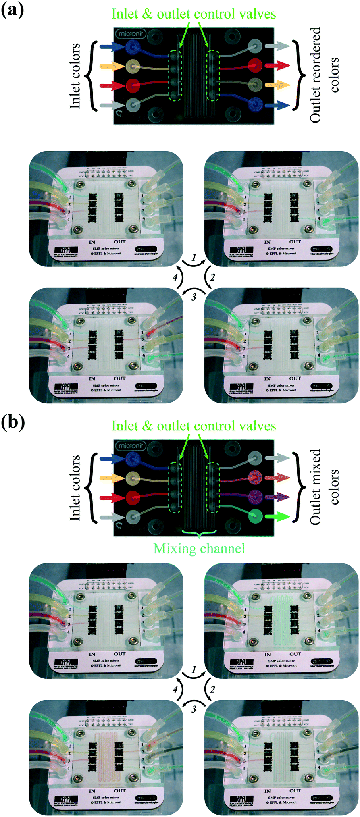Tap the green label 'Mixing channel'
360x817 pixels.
(199, 549)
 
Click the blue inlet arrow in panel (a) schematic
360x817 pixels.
(112, 47)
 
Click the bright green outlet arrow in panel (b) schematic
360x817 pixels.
(278, 516)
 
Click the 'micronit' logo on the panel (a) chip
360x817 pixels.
(130, 34)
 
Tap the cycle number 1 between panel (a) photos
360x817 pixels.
(194, 257)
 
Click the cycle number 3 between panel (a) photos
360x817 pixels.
(194, 297)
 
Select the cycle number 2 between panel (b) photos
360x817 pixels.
(212, 689)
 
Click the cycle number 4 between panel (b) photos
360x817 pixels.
(175, 690)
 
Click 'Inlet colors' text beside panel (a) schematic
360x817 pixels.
(75, 75)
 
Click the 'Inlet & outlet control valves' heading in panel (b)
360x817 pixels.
(194, 426)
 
